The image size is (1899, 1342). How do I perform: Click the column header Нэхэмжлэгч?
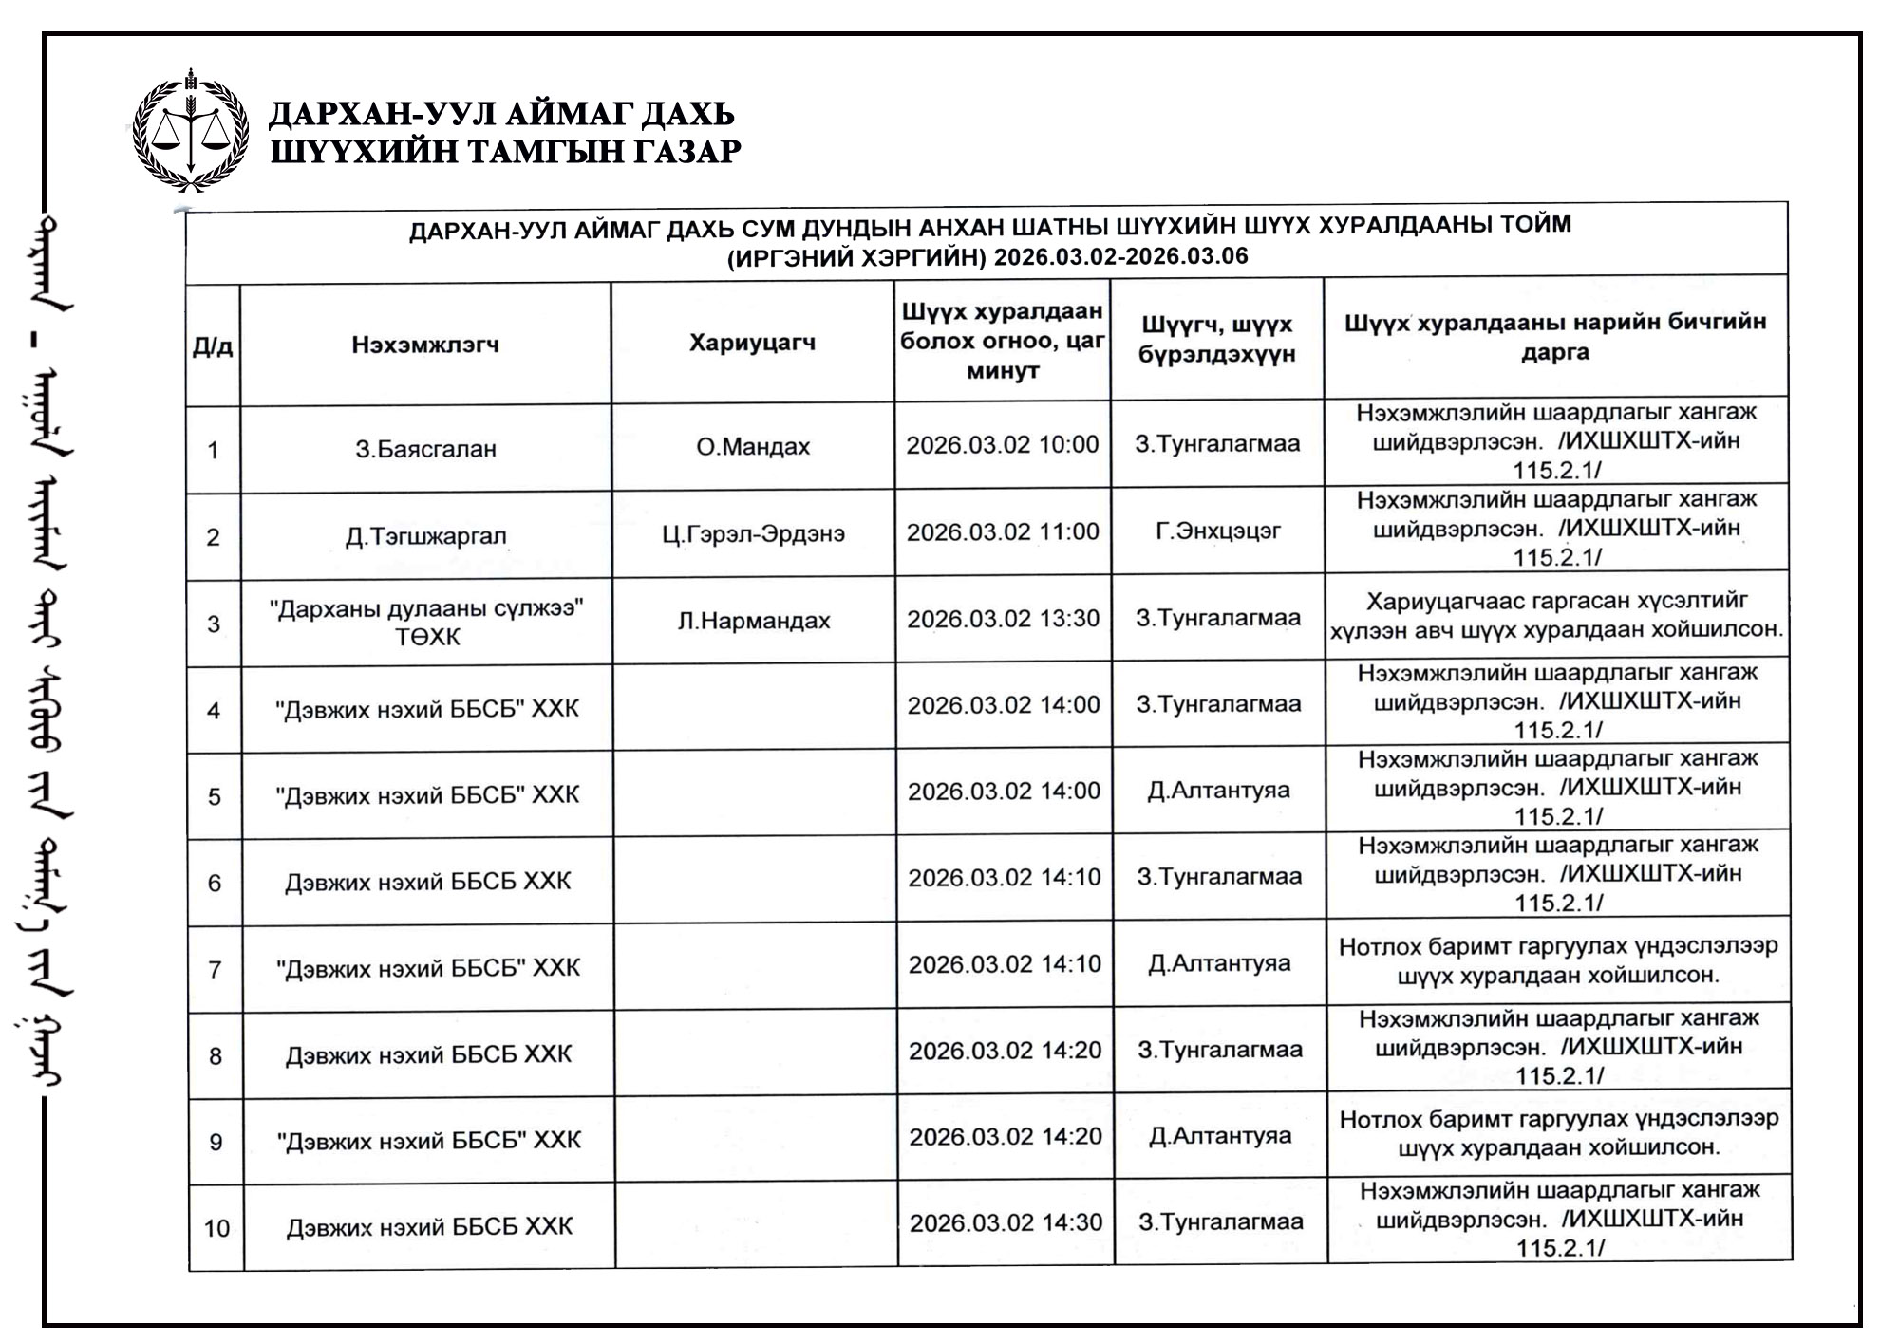click(425, 345)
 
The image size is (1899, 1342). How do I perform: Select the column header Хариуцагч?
click(752, 343)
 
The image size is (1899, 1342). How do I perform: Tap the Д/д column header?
click(213, 346)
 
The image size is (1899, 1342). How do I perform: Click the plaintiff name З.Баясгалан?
click(425, 449)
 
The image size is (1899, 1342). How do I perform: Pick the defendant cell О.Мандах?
click(753, 447)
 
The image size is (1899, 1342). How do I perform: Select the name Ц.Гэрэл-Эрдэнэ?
click(753, 533)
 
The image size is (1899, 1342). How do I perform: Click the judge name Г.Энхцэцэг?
click(1217, 531)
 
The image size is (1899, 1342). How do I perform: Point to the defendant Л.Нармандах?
click(754, 621)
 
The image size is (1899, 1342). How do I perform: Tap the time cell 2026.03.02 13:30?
click(1003, 619)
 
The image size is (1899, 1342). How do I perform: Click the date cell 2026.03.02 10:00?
click(1002, 445)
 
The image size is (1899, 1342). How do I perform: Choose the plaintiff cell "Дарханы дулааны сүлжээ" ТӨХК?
click(426, 623)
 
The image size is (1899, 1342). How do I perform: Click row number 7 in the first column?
click(215, 969)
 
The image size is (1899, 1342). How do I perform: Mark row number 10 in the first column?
click(216, 1228)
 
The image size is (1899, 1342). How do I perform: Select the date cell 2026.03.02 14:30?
click(1006, 1223)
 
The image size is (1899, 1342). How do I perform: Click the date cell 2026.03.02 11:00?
click(1002, 532)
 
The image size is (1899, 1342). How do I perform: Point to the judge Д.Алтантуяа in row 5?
click(1218, 791)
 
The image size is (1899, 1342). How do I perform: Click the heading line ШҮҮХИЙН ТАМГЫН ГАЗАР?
click(505, 152)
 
